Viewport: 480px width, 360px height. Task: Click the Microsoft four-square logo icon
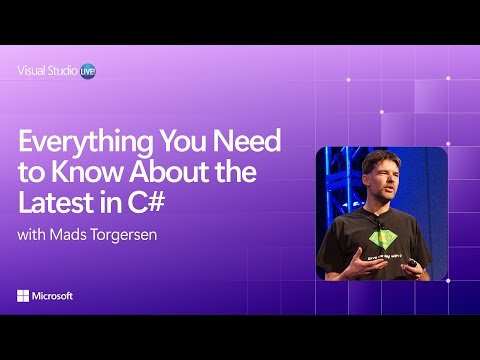coord(23,296)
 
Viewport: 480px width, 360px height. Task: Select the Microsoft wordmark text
coord(54,296)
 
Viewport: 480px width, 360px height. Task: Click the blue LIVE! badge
coord(87,71)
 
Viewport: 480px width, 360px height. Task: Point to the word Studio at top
coord(60,71)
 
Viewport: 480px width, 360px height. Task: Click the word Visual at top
coord(31,71)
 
